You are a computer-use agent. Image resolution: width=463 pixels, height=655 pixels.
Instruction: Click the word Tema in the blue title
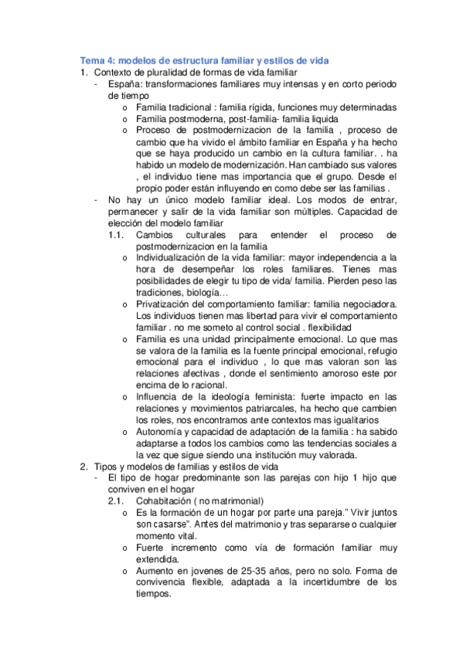pyautogui.click(x=93, y=60)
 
